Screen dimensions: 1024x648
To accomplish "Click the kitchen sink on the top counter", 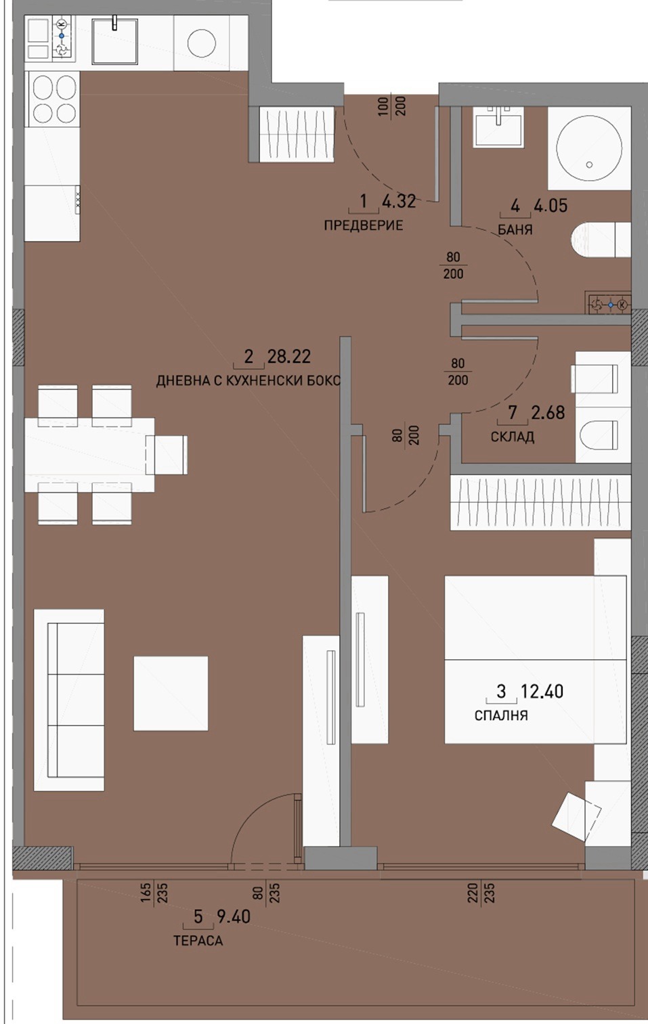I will (x=115, y=41).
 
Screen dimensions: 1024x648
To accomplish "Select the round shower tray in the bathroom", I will (x=588, y=148).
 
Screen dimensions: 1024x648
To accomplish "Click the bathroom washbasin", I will (x=499, y=127).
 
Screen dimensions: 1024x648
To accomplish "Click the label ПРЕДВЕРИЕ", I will (x=363, y=225).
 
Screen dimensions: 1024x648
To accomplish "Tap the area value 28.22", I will (x=289, y=356).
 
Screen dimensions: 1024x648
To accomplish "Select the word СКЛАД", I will (x=512, y=437).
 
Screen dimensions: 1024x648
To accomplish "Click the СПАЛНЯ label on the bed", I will (x=501, y=715).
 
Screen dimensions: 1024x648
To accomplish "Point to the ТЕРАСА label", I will (x=198, y=941).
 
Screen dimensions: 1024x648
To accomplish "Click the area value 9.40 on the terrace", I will (x=233, y=916).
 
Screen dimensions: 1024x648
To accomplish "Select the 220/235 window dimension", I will (x=481, y=893).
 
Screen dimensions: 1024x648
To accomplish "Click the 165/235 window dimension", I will (x=154, y=893).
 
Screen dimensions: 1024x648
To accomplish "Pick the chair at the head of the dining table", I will (x=167, y=455).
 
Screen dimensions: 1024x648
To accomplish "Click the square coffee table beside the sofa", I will (x=171, y=693).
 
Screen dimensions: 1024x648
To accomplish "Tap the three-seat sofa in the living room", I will (x=68, y=700).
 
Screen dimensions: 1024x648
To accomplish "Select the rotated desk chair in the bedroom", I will (x=576, y=816).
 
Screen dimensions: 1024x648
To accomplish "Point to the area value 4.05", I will (x=550, y=206).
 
